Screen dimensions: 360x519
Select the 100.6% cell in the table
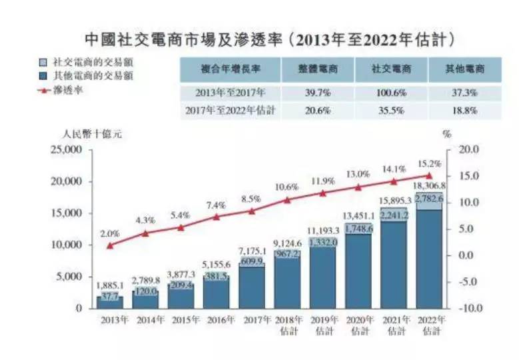point(391,92)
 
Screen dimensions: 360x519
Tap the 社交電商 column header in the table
point(391,69)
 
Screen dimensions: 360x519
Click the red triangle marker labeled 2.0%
point(110,245)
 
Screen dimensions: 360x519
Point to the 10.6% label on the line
point(287,187)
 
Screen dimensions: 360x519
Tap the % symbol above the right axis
point(446,133)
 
